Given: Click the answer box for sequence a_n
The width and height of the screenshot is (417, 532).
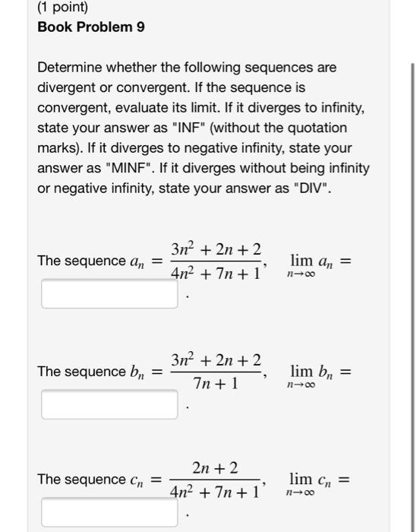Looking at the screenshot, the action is [x=110, y=294].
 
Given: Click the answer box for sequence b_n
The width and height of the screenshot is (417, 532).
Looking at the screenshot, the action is [x=110, y=404].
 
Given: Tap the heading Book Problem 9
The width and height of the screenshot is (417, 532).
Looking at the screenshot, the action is [x=91, y=27].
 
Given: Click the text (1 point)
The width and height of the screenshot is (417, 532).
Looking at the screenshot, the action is [x=63, y=8].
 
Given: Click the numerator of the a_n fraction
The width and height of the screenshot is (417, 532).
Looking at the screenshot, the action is [x=216, y=250].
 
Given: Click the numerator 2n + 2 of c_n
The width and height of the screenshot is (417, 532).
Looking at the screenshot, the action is [x=216, y=468].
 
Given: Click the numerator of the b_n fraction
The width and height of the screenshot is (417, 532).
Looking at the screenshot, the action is [x=216, y=360].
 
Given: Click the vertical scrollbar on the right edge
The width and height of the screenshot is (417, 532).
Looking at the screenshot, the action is [x=412, y=304].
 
